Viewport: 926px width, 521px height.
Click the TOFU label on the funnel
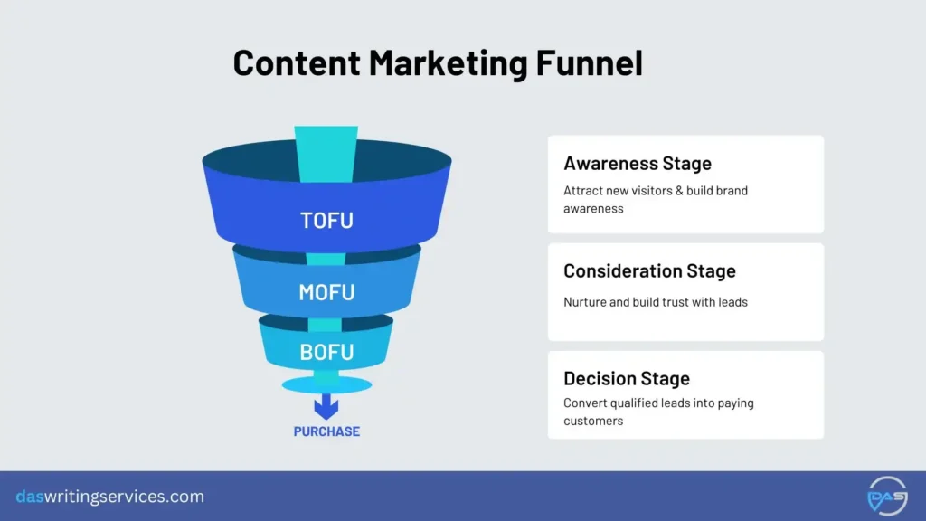tap(326, 220)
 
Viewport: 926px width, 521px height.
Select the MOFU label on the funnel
tap(326, 292)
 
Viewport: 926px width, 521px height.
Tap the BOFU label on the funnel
tap(326, 352)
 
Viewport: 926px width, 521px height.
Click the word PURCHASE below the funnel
tap(326, 431)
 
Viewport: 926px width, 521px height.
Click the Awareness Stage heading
tap(638, 164)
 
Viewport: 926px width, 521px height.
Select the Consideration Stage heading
tap(649, 271)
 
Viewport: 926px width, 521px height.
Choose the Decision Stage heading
tap(627, 379)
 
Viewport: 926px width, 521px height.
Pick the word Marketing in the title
tap(434, 63)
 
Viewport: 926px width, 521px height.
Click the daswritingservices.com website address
tap(110, 497)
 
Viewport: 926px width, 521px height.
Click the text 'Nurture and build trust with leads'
tap(656, 302)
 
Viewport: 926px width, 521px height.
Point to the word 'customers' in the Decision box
tap(593, 421)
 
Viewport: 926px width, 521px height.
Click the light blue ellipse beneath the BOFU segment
tap(326, 385)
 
